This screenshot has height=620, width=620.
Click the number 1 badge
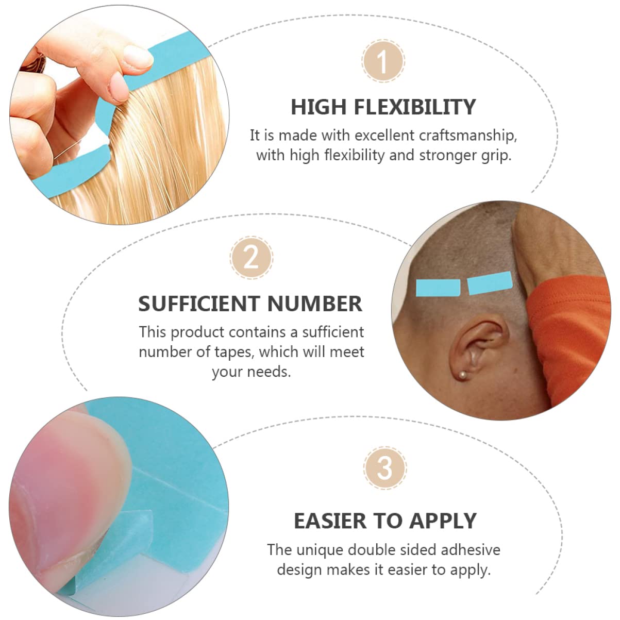click(x=383, y=61)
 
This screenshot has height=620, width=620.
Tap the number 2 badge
click(x=251, y=257)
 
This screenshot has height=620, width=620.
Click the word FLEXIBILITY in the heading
click(x=415, y=107)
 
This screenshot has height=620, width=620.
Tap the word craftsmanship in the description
click(x=467, y=136)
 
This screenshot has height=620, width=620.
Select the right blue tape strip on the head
click(x=490, y=283)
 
